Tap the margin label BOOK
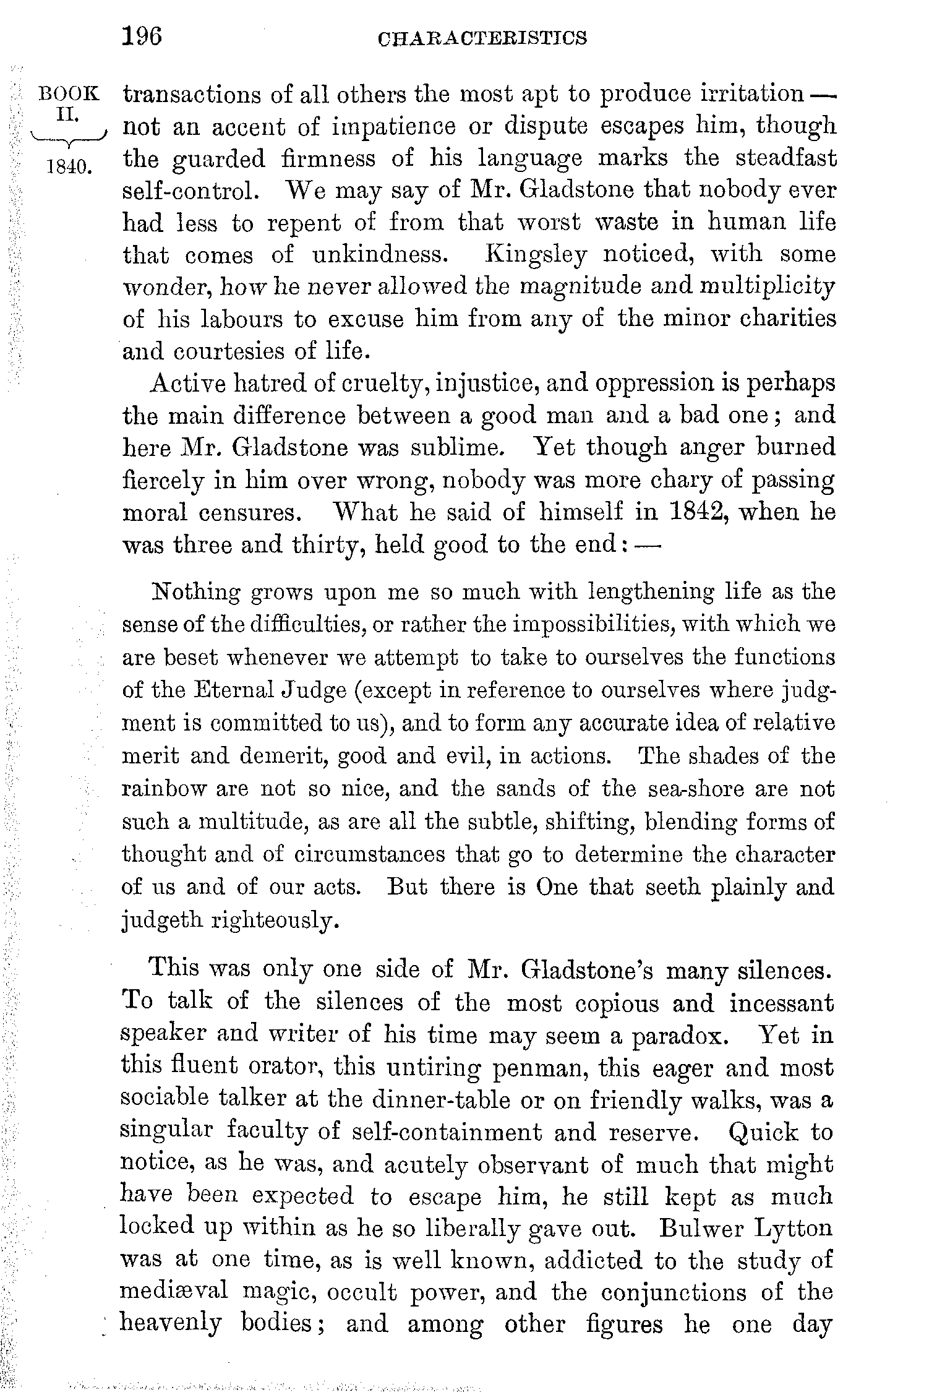click(69, 94)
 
